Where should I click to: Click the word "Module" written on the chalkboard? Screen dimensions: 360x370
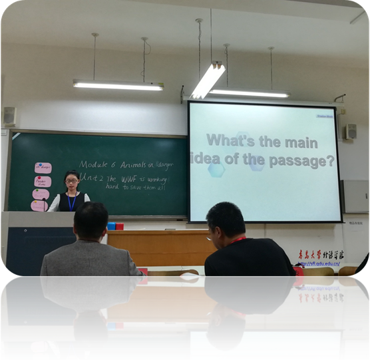(96, 164)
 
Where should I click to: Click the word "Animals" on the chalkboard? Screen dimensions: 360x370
(133, 164)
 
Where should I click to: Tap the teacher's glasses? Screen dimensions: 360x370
(71, 181)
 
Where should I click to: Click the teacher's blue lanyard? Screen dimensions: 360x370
(71, 202)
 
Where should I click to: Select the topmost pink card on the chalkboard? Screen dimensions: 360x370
(43, 168)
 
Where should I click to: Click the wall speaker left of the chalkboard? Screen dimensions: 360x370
(10, 116)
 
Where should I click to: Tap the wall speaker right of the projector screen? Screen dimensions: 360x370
(350, 131)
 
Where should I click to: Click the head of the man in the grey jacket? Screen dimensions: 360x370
(91, 222)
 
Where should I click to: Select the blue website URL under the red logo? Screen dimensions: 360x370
(319, 263)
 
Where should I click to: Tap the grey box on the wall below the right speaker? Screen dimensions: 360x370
(355, 196)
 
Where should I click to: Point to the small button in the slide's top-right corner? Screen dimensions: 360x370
(325, 115)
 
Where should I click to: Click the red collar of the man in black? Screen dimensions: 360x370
(237, 240)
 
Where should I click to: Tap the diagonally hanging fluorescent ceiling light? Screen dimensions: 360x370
(208, 80)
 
